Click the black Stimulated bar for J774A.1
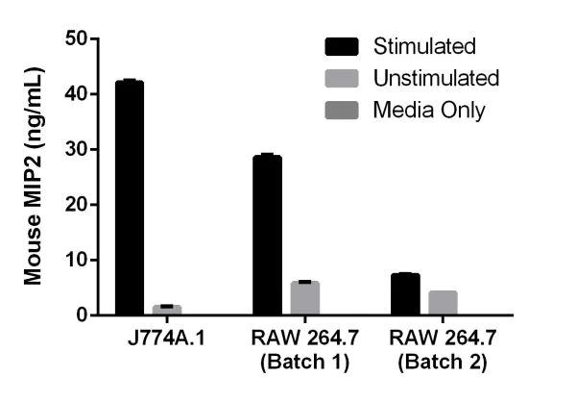click(x=130, y=198)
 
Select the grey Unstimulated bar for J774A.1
click(x=167, y=310)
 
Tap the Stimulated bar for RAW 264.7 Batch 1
click(x=267, y=235)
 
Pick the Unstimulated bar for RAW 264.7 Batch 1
click(x=305, y=298)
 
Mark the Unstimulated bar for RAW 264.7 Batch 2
click(x=443, y=302)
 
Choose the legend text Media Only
click(x=429, y=110)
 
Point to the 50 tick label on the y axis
click(x=76, y=38)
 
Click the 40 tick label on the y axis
click(x=76, y=94)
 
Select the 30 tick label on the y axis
click(x=76, y=150)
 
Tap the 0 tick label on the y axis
click(x=82, y=315)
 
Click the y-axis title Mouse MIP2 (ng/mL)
click(x=33, y=177)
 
